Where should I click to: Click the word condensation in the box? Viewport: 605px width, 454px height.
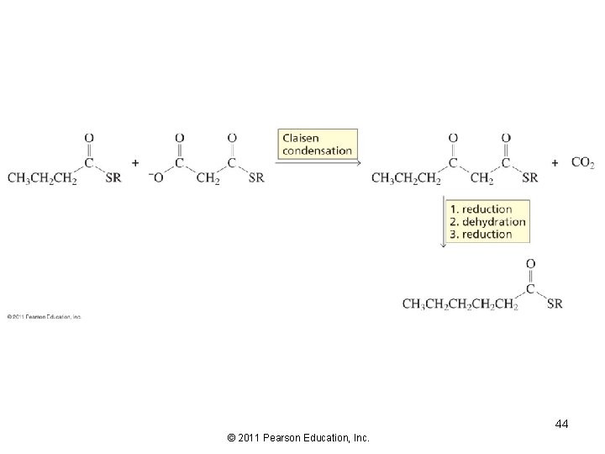316,152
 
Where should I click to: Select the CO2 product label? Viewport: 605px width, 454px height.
582,162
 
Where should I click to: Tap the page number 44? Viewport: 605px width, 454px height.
561,425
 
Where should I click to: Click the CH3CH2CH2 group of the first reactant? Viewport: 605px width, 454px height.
42,178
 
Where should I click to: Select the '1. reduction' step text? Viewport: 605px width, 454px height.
480,209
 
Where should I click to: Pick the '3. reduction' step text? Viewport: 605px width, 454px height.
480,235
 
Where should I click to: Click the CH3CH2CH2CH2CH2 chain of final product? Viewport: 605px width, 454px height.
460,304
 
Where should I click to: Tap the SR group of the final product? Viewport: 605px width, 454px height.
555,304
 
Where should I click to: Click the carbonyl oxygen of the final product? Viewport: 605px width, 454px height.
530,264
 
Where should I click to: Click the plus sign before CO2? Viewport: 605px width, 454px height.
555,162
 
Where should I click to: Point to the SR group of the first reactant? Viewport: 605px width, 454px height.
114,178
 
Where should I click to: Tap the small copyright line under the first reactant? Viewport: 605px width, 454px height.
44,317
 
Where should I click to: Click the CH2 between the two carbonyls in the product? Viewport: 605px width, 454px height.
481,178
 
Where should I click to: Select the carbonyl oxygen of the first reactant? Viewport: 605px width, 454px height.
89,138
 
